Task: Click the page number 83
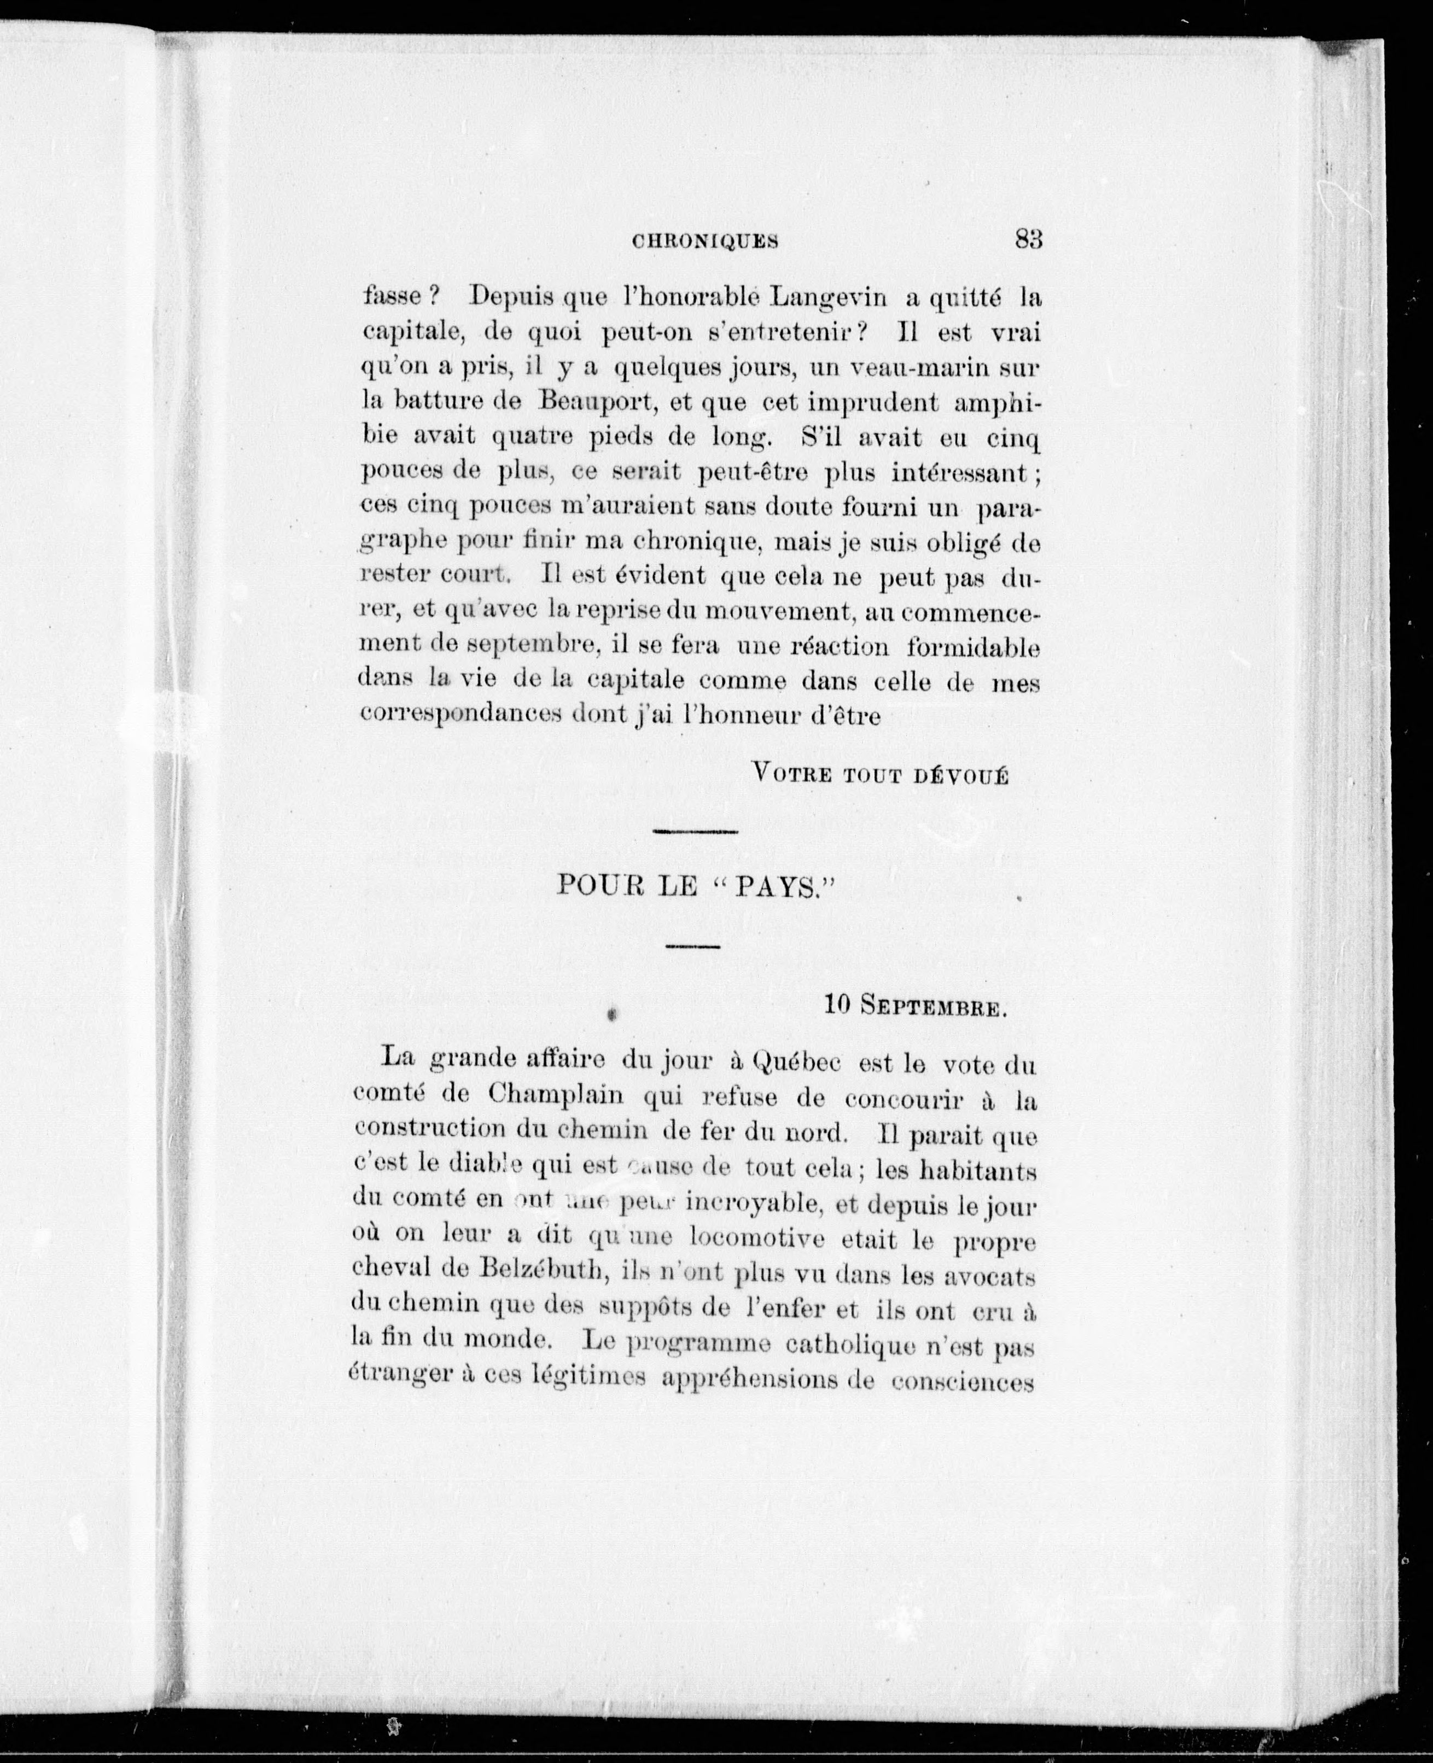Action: (1028, 240)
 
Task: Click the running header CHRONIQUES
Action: (705, 241)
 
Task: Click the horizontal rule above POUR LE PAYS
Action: (695, 832)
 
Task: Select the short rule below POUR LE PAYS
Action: (692, 946)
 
